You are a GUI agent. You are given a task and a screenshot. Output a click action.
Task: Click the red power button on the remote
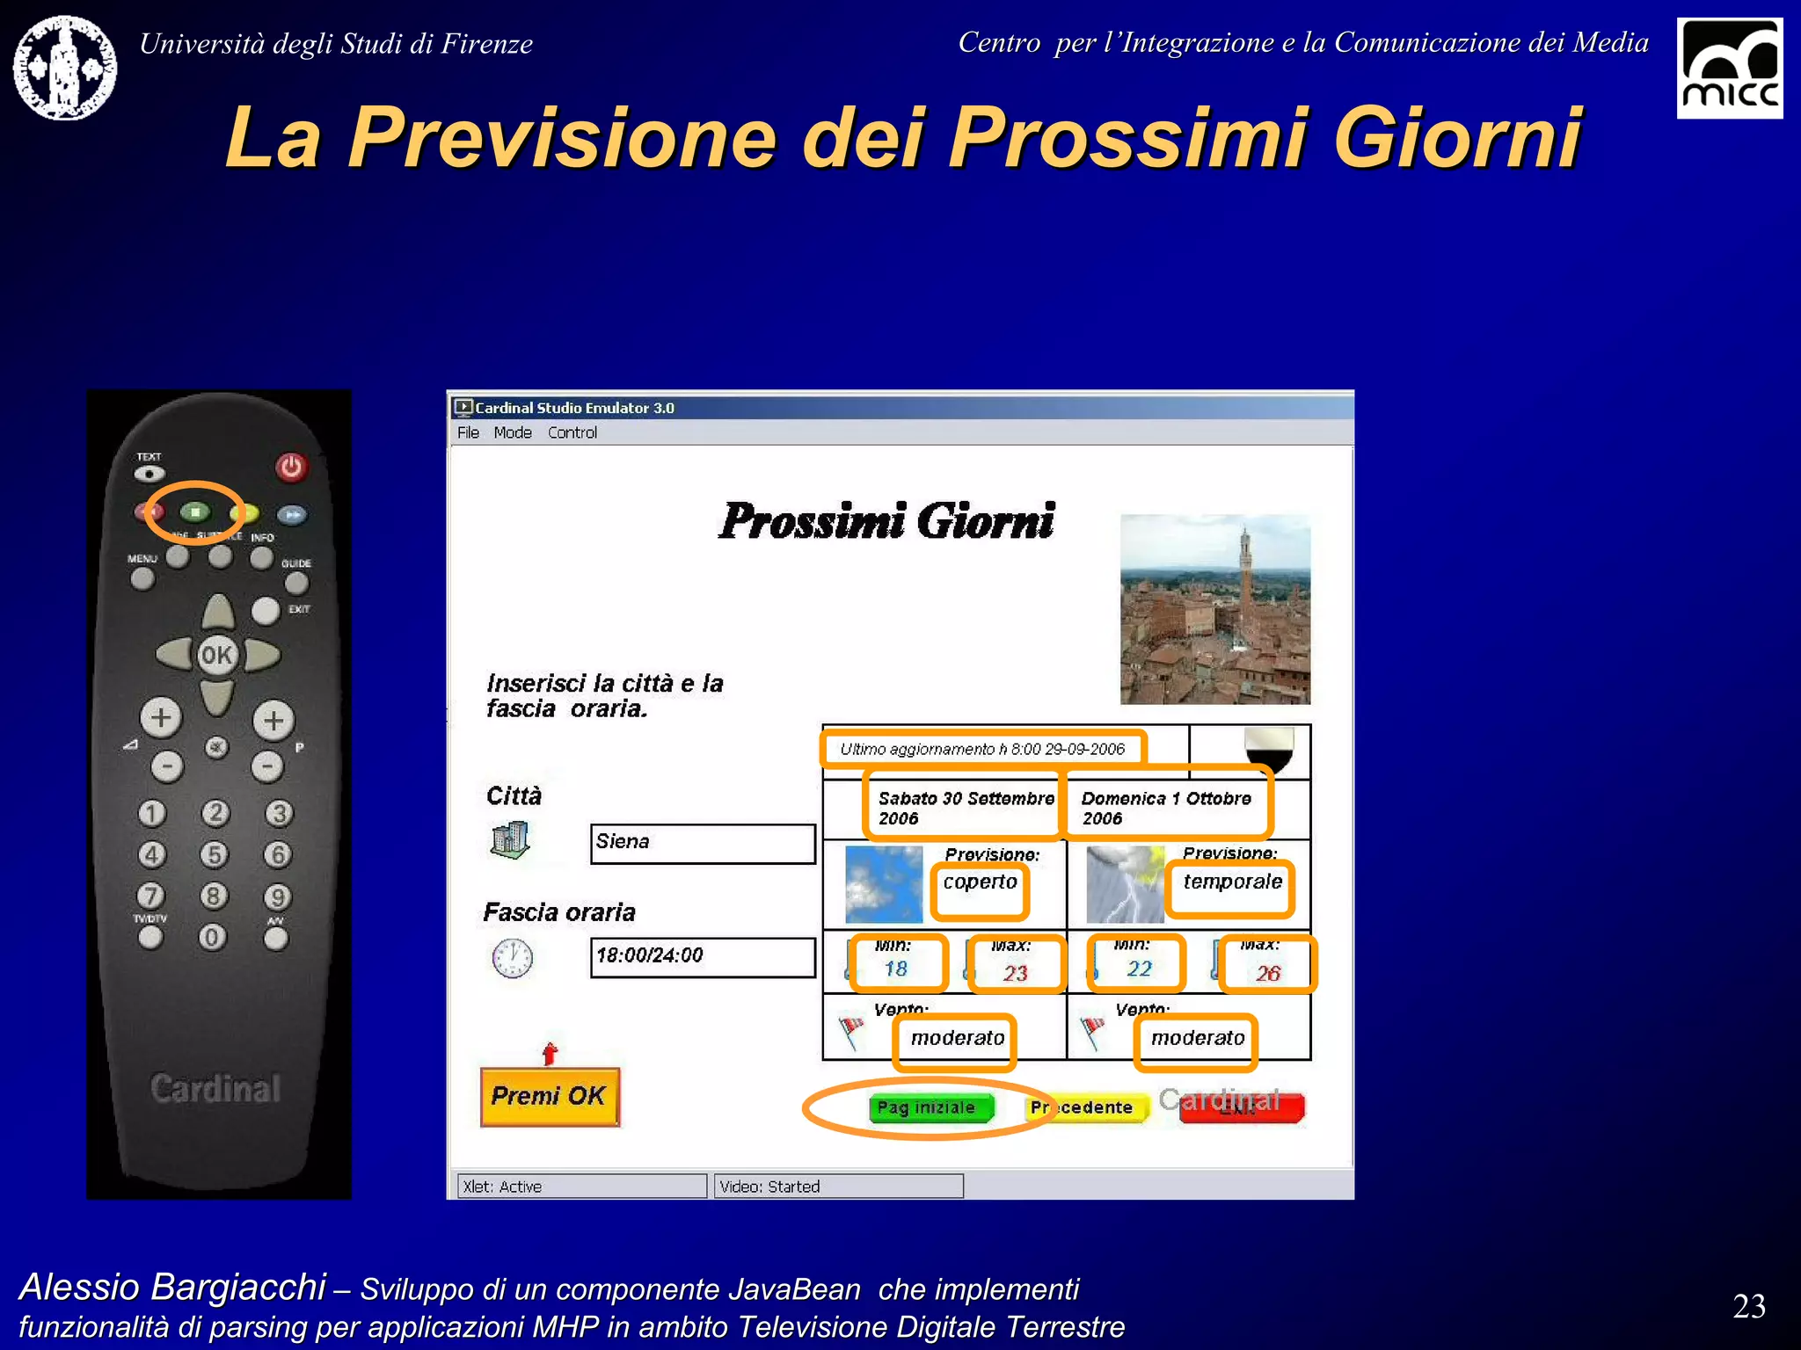coord(291,467)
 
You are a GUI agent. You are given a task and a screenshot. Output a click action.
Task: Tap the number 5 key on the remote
coord(214,854)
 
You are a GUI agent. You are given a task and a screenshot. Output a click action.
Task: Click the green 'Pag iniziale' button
coord(930,1107)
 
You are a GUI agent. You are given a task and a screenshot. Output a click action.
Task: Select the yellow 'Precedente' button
coord(1085,1107)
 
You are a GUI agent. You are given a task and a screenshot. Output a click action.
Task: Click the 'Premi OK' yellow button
coord(550,1096)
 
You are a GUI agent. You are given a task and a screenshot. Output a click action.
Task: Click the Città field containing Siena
coord(702,843)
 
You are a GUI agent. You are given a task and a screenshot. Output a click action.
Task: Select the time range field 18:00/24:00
coord(702,956)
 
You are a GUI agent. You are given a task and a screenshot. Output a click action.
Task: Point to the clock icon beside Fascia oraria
coord(513,958)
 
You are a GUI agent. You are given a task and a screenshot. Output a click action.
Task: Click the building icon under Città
coord(510,840)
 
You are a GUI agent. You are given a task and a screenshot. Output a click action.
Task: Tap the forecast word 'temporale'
coord(1232,882)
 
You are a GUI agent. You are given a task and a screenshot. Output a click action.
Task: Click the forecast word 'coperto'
coord(980,882)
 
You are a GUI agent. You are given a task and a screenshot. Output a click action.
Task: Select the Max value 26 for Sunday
coord(1267,973)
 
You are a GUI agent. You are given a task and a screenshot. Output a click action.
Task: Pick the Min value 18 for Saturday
coord(895,969)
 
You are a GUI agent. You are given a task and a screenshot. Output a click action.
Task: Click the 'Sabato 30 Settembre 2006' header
coord(965,808)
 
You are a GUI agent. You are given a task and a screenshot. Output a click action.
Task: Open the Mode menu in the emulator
coord(512,432)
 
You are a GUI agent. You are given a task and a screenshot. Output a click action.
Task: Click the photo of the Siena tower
coord(1214,609)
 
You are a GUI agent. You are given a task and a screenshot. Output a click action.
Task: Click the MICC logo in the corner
coord(1729,68)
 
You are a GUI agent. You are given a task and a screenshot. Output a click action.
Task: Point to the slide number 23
coord(1748,1306)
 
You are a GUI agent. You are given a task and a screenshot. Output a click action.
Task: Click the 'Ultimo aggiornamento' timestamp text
coord(981,749)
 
